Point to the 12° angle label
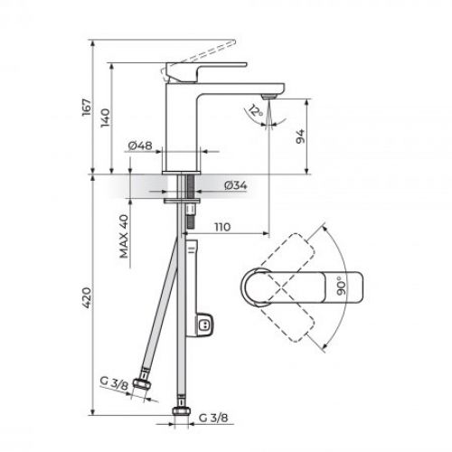[256, 113]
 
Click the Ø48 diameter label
[138, 146]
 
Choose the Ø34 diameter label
[235, 184]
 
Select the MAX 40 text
[122, 237]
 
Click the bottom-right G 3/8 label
[214, 418]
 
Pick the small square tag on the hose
[205, 325]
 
